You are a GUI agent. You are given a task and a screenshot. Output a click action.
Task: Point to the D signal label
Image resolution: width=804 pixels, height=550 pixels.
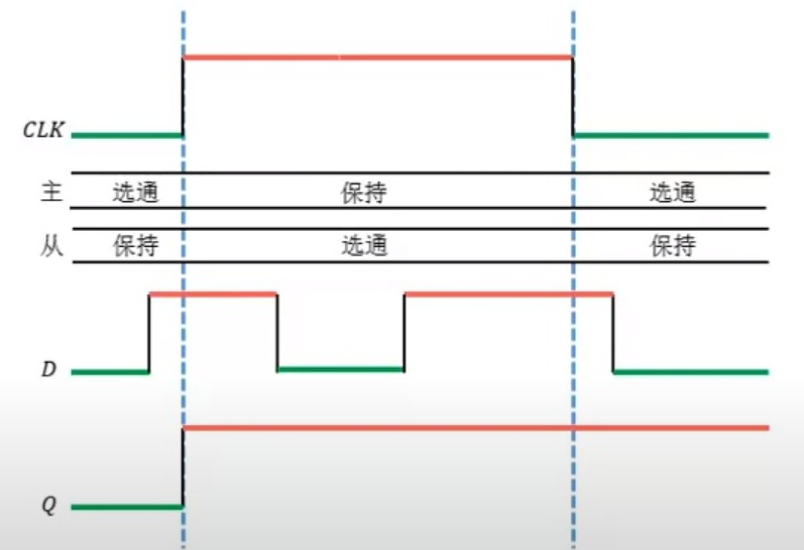coord(49,371)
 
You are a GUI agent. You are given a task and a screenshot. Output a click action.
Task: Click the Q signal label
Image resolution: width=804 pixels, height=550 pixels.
coord(49,505)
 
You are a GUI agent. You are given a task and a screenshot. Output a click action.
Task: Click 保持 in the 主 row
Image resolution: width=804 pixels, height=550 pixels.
coord(363,192)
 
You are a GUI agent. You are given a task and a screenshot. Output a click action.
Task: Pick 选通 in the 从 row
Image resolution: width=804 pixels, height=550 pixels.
coord(364,245)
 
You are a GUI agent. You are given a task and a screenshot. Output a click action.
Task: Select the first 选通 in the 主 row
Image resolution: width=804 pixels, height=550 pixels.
coord(135,192)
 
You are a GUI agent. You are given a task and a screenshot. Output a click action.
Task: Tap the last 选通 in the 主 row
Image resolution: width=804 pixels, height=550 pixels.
coord(673,192)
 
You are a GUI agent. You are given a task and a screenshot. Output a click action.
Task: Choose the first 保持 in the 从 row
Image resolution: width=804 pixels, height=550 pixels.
coord(135,245)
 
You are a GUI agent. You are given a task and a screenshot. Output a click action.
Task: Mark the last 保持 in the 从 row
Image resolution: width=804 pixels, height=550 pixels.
coord(673,245)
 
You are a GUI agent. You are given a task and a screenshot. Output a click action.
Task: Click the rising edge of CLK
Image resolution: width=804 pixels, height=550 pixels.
coord(183,95)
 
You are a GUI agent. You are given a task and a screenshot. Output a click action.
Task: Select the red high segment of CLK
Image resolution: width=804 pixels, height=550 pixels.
coord(377,57)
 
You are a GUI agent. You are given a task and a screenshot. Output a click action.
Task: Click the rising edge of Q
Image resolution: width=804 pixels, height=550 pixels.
coord(183,467)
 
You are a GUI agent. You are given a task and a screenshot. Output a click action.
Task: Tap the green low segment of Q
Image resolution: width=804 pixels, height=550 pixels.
coord(127,506)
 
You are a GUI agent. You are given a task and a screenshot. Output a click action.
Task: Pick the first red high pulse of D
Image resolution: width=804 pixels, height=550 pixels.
coord(212,293)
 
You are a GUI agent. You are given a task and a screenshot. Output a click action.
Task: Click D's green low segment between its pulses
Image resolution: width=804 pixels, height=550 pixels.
coord(340,369)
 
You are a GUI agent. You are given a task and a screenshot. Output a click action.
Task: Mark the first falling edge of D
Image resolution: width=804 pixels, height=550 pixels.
coord(277,331)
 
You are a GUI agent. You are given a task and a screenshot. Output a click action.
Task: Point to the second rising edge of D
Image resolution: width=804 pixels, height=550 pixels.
coord(404,331)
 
